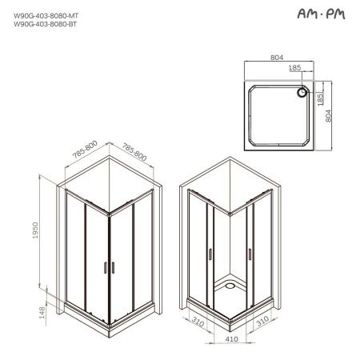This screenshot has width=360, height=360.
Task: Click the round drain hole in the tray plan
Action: [x=302, y=92]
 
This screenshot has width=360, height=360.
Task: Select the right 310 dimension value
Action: [x=261, y=326]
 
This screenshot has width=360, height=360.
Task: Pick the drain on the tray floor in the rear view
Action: [x=232, y=283]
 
